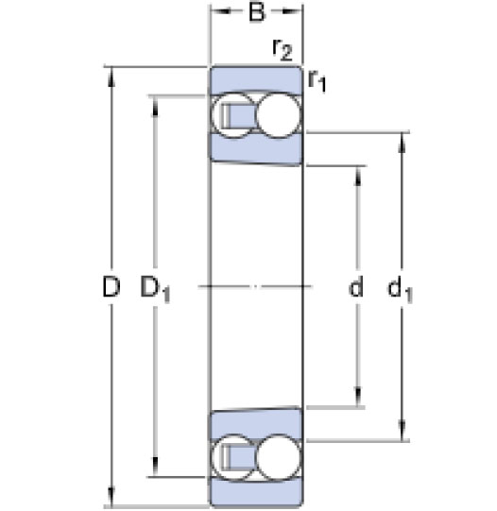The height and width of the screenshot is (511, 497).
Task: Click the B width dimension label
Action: click(257, 12)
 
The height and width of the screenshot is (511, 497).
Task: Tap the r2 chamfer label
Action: click(283, 50)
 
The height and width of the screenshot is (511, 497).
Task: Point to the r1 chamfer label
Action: click(317, 81)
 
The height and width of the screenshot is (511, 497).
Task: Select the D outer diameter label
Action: click(111, 286)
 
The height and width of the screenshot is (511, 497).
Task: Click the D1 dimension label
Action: click(156, 288)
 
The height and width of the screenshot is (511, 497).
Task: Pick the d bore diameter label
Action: click(356, 286)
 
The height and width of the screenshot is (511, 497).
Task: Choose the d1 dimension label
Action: click(400, 288)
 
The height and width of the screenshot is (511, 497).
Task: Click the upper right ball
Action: click(278, 115)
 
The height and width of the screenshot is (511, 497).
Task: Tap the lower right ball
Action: click(278, 457)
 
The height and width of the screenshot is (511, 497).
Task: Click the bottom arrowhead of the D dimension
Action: click(111, 497)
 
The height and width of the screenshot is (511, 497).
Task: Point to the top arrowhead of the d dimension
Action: click(358, 177)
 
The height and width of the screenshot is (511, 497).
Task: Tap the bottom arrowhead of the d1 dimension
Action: click(403, 431)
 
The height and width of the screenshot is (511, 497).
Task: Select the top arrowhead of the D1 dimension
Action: click(155, 106)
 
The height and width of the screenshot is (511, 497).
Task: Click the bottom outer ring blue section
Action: click(256, 492)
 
